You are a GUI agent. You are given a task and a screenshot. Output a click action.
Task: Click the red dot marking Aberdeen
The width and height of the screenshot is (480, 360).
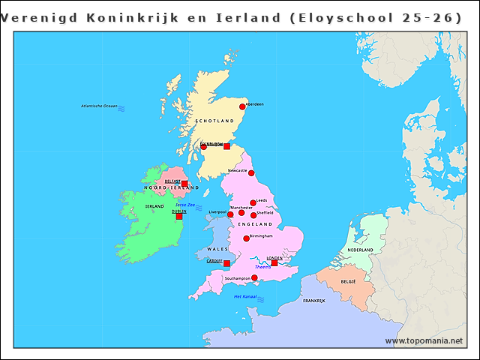(x=242, y=107)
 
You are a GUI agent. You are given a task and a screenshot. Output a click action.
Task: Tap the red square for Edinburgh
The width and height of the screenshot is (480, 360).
(x=226, y=146)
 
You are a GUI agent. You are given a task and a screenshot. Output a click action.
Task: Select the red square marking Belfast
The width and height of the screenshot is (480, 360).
(x=184, y=183)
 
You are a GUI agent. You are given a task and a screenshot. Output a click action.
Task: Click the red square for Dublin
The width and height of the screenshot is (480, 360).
(x=179, y=216)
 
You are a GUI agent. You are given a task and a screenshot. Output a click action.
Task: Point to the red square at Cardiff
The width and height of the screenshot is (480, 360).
(x=226, y=263)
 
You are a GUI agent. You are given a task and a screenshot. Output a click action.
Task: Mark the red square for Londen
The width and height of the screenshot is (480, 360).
(x=274, y=262)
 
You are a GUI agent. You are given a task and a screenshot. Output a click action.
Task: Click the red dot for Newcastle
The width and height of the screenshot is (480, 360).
(x=251, y=173)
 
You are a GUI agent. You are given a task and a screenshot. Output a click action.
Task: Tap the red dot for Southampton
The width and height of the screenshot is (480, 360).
(x=254, y=278)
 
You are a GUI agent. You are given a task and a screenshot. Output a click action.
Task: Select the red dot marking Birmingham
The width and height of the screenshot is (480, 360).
(x=246, y=238)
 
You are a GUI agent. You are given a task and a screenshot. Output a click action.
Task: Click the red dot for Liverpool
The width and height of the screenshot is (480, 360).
(x=231, y=214)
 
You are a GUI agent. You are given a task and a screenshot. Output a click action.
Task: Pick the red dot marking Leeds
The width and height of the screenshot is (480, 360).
(x=253, y=202)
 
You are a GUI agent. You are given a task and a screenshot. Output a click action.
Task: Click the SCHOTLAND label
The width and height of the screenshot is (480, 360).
(x=214, y=121)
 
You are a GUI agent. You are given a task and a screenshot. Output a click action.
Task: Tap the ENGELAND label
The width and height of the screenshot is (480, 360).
(x=255, y=224)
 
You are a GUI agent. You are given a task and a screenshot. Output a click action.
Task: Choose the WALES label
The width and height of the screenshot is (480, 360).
(x=217, y=248)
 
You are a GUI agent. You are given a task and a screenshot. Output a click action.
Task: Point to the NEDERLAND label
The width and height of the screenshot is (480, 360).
(x=360, y=250)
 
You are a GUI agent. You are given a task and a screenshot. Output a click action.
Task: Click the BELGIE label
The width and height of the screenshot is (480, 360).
(x=349, y=281)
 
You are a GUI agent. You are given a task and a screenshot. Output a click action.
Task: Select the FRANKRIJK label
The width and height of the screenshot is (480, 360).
(x=314, y=300)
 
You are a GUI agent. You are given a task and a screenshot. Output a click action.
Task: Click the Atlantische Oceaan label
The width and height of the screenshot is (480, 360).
(x=100, y=106)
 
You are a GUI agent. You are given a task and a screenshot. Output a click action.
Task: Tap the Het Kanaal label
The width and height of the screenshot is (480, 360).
(x=245, y=296)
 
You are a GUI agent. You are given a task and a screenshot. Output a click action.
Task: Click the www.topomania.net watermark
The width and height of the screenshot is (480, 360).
(x=424, y=340)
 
